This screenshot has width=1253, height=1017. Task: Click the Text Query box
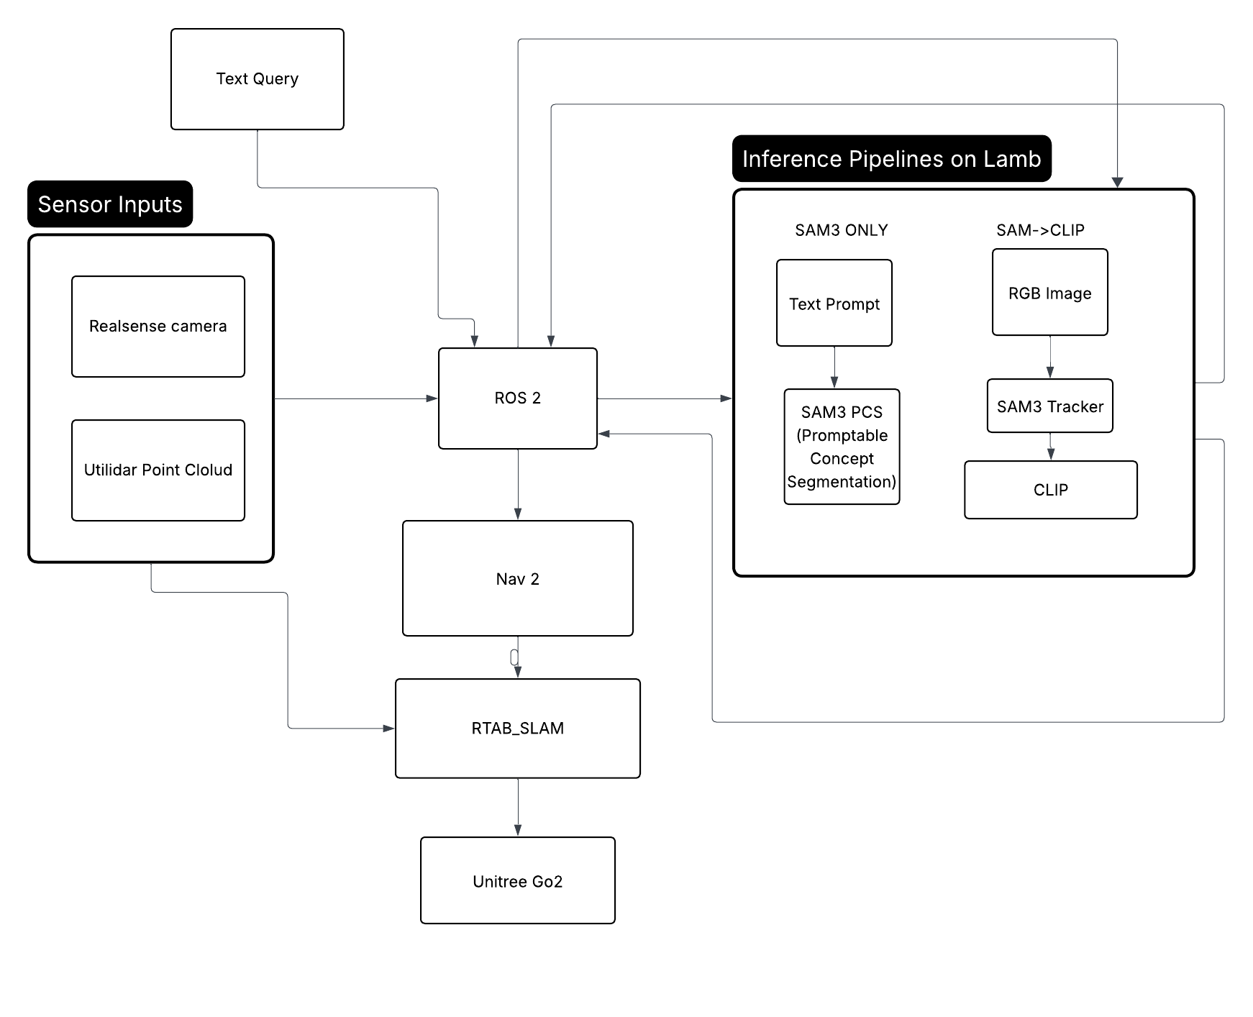click(257, 79)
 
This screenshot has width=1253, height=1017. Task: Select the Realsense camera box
click(158, 327)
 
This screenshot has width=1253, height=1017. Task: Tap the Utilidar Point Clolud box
click(158, 470)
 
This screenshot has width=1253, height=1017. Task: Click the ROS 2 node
click(517, 398)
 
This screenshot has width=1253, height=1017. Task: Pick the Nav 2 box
click(517, 578)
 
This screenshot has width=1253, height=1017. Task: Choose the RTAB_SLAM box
click(517, 728)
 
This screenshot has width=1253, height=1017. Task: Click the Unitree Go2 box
click(517, 880)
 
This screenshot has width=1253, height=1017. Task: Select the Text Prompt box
click(834, 303)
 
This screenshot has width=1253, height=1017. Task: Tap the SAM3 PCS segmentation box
click(841, 447)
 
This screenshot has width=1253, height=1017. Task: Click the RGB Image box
click(1049, 292)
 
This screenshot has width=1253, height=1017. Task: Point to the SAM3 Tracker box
click(1049, 406)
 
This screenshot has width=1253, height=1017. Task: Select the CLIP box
click(1050, 490)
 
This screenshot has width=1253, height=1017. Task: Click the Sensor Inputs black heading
click(110, 204)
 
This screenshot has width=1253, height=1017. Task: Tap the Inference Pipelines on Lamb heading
click(891, 158)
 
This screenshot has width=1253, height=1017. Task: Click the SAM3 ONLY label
click(841, 230)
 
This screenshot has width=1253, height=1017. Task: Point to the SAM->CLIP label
click(1040, 230)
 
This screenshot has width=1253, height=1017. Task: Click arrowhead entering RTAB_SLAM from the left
click(388, 729)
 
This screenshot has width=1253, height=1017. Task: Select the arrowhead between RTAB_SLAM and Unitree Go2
click(518, 830)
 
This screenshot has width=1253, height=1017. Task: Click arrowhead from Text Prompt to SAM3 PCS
click(834, 383)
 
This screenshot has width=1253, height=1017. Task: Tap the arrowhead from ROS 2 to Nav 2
click(518, 514)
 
